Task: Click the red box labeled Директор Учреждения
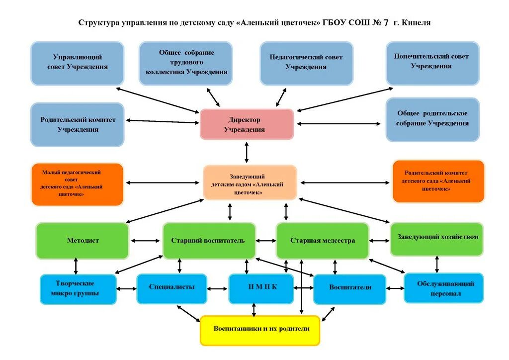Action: (247, 124)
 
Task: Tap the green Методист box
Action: (83, 241)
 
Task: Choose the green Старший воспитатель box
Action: (209, 241)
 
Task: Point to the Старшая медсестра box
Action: (322, 241)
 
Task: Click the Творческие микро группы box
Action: (78, 289)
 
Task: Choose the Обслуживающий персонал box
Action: (443, 288)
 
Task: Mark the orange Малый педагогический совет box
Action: (77, 184)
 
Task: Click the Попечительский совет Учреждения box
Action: (432, 63)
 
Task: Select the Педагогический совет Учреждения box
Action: (306, 63)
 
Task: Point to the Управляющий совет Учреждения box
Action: (77, 63)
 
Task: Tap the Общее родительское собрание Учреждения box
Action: (432, 119)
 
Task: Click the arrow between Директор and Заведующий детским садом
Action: (247, 152)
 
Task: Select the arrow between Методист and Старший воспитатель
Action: (146, 241)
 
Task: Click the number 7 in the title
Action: (385, 23)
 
